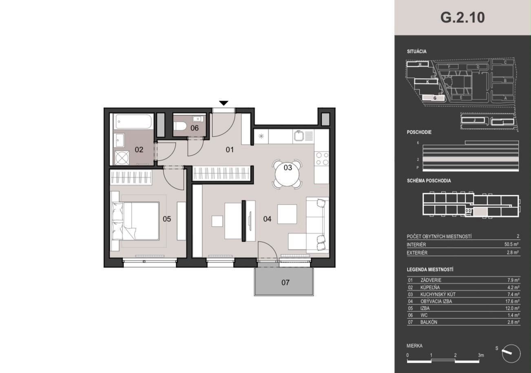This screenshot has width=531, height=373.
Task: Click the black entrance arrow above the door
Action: click(x=223, y=103)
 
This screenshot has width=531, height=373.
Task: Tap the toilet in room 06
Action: click(x=180, y=126)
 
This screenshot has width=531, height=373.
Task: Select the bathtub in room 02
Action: click(x=133, y=121)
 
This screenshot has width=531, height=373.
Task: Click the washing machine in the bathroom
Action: click(x=122, y=158)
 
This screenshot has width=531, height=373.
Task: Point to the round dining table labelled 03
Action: click(x=287, y=174)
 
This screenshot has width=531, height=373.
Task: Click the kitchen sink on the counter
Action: click(x=299, y=136)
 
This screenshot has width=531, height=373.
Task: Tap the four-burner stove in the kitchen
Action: click(x=322, y=159)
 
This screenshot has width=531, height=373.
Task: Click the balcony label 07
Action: click(x=285, y=283)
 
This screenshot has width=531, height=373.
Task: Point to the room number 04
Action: click(x=267, y=219)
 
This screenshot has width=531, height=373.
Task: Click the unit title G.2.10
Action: click(x=462, y=18)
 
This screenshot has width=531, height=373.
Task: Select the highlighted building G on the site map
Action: click(x=434, y=98)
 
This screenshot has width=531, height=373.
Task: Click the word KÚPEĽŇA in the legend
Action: click(x=430, y=287)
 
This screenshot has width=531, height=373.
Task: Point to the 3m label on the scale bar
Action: click(x=481, y=355)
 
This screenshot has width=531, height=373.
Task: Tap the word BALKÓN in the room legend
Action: click(x=429, y=322)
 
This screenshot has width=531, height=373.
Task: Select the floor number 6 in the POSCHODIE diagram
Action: click(x=418, y=143)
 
